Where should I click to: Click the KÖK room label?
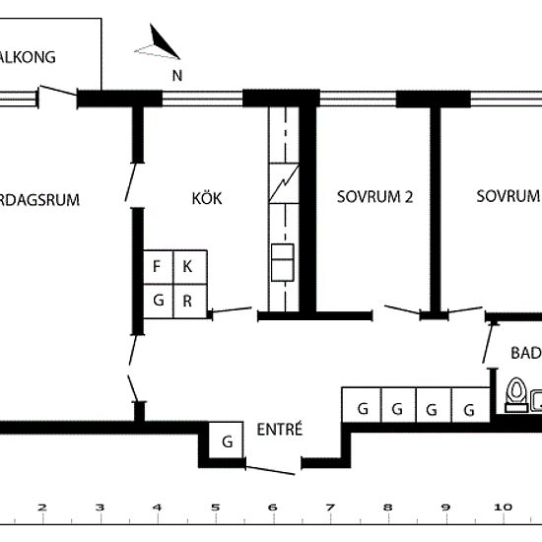(207, 198)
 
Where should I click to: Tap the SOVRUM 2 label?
(373, 196)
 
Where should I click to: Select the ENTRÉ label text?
(279, 430)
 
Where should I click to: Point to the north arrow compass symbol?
(158, 44)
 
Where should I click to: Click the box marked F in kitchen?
(157, 267)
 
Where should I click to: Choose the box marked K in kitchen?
(188, 267)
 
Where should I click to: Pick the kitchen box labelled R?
(188, 301)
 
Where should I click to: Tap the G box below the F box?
(157, 301)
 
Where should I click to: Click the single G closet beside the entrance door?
(227, 440)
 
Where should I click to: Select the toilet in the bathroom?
(514, 395)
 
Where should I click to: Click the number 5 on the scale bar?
(215, 508)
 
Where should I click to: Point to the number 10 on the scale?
(502, 508)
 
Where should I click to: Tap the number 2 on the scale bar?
(41, 508)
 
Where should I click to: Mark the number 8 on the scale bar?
(387, 508)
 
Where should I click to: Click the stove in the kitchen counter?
(282, 265)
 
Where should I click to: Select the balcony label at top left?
(28, 56)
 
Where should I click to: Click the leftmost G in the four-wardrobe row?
(363, 408)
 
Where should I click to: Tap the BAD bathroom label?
(525, 353)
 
